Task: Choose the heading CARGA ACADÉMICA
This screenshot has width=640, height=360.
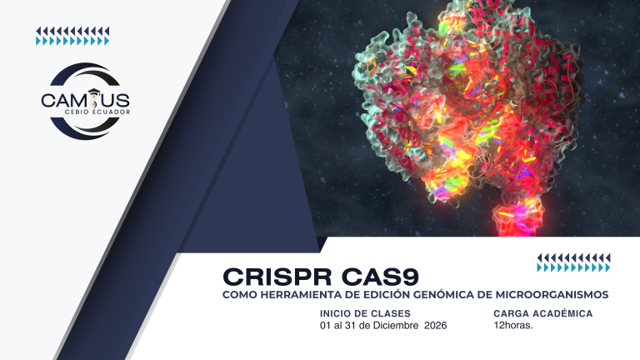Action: click(x=542, y=313)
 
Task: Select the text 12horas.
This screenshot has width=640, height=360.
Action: click(x=512, y=325)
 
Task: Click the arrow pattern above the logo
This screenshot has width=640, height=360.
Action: click(x=72, y=36)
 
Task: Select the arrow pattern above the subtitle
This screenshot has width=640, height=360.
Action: click(x=573, y=262)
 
